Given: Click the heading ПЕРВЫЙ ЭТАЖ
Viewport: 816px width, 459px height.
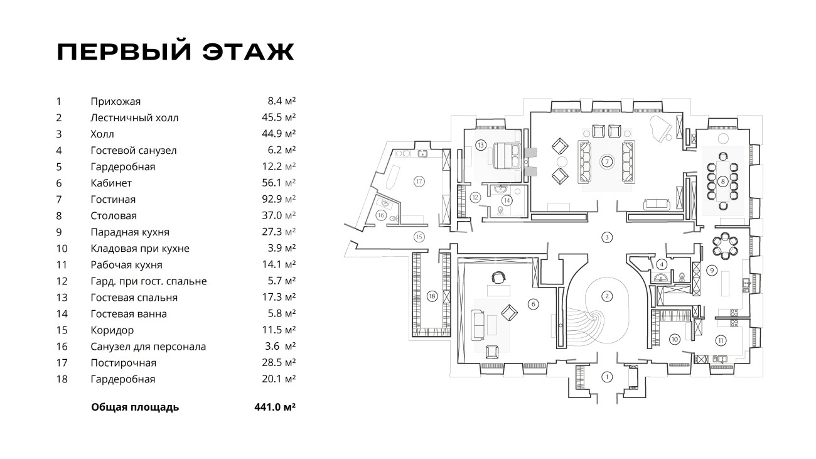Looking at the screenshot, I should click(x=175, y=52).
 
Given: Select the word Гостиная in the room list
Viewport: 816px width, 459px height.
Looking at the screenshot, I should click(x=113, y=200).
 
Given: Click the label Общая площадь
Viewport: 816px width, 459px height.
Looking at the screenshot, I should click(x=135, y=407).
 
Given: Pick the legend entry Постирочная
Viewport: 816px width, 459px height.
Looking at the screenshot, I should click(x=124, y=363).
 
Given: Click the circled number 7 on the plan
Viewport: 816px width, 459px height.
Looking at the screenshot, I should click(x=607, y=161).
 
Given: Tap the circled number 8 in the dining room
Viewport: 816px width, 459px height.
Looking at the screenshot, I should click(x=723, y=182).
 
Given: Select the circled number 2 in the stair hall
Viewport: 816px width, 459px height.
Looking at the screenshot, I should click(x=607, y=296).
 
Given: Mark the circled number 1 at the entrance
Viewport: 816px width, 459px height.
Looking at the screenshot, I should click(x=606, y=377).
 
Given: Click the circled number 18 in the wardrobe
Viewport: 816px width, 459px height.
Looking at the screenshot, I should click(x=431, y=296).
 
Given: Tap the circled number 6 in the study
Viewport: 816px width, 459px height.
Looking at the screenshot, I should click(x=534, y=304).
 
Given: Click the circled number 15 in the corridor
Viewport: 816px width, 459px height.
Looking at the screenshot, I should click(x=419, y=237).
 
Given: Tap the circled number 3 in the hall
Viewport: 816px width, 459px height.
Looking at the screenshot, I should click(x=606, y=237).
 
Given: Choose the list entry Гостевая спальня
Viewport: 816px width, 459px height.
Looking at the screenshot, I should click(x=134, y=298).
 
